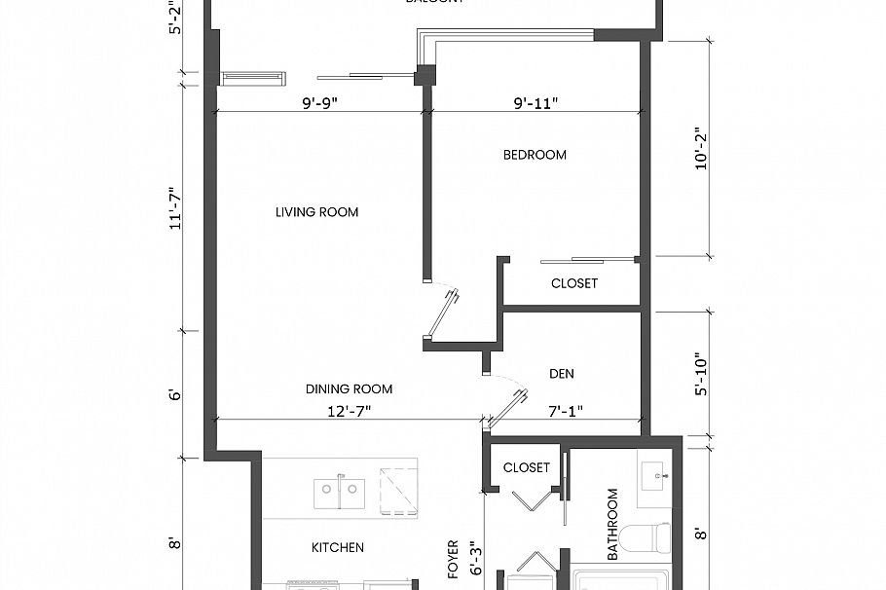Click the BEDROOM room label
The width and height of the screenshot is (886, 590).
535,155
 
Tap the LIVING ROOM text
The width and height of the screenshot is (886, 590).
316,212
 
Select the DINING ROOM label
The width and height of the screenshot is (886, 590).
350,389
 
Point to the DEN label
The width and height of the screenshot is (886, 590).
562,373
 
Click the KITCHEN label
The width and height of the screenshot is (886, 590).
338,547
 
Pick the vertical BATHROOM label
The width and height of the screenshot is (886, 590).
613,525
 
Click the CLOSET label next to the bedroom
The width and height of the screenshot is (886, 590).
573,283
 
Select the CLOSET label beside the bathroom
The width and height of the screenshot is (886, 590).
527,467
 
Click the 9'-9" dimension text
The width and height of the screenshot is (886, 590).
319,102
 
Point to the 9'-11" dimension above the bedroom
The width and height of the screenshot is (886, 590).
535,102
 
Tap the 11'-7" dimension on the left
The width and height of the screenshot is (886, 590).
176,207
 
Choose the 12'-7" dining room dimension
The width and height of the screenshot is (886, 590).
350,411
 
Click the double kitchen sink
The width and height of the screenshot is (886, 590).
340,493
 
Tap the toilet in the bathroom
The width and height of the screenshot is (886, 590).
651,536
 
